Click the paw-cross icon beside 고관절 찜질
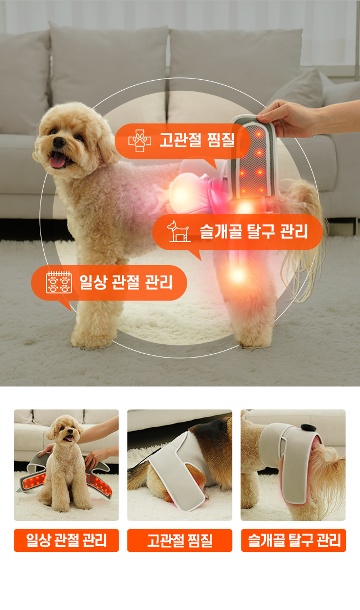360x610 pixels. (x=139, y=141)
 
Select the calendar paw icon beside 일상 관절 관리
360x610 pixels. (x=59, y=282)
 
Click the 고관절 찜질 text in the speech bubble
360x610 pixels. (x=197, y=140)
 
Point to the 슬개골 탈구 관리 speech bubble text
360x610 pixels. (x=254, y=231)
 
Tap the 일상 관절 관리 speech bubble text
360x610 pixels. (x=126, y=282)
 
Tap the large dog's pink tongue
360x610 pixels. (x=57, y=159)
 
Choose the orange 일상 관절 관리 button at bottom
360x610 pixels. (x=66, y=540)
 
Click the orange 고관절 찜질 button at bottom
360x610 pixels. (x=179, y=540)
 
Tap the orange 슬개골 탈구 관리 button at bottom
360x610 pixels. (x=294, y=540)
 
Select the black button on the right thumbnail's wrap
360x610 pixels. (x=308, y=428)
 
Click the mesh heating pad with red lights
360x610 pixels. (x=253, y=159)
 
